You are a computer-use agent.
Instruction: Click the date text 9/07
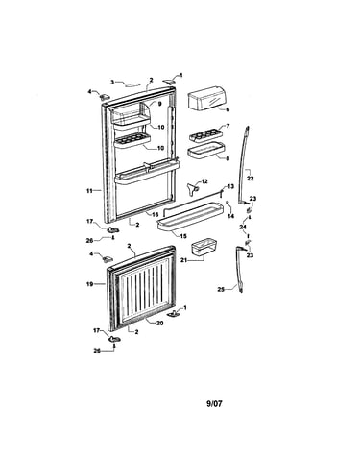[214, 404]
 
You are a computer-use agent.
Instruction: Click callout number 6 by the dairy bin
[228, 109]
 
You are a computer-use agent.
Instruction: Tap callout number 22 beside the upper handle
[250, 179]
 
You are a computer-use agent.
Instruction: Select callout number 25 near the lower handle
[221, 290]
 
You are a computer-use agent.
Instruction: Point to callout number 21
[183, 260]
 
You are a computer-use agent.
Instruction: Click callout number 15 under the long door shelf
[183, 236]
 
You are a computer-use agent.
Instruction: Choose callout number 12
[204, 181]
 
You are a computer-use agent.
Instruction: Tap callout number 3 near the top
[112, 83]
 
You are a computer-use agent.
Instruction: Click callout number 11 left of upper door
[89, 191]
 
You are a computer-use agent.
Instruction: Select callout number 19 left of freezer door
[89, 284]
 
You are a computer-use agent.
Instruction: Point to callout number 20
[159, 324]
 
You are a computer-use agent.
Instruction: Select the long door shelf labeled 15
[190, 217]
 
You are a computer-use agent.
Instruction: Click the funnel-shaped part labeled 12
[191, 189]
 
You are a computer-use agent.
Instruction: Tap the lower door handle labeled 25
[240, 269]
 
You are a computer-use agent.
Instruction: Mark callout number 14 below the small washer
[230, 216]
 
